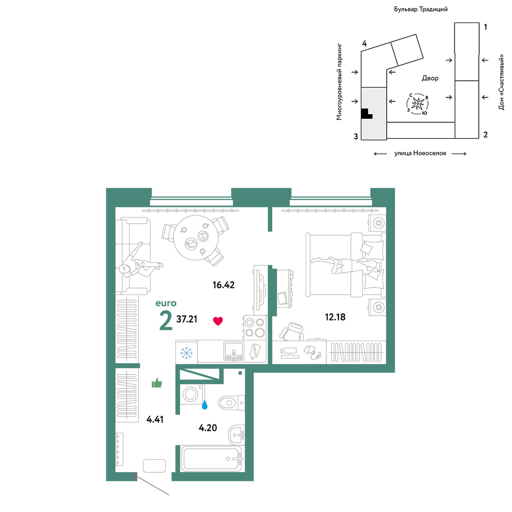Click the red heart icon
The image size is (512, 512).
(x=218, y=321)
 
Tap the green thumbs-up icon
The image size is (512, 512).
(x=157, y=383)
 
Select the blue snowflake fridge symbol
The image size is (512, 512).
(x=186, y=353)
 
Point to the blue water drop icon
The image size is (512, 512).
(x=205, y=405)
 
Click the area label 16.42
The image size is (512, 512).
(x=224, y=285)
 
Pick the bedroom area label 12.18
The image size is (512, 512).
(x=335, y=317)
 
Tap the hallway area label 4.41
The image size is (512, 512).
(x=155, y=419)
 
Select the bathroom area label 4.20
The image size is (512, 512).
(x=208, y=428)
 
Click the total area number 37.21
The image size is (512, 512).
(x=187, y=319)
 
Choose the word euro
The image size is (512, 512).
(x=166, y=303)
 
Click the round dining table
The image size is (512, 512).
(x=196, y=238)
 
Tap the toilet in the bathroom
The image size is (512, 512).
(x=231, y=402)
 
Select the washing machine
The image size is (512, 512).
(x=191, y=394)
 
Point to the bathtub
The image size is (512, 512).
(x=211, y=458)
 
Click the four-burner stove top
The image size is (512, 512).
(x=254, y=328)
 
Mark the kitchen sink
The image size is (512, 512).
(x=233, y=351)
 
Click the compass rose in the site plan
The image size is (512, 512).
(x=418, y=104)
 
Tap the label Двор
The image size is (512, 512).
(x=430, y=78)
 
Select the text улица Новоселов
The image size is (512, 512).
(x=420, y=153)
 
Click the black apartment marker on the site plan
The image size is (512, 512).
(x=367, y=113)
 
